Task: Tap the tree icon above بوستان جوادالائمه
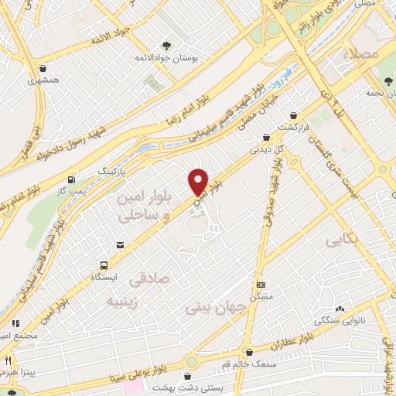[166, 45]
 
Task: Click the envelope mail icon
[120, 245]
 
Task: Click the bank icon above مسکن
[261, 285]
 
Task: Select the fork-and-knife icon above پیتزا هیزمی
[9, 360]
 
